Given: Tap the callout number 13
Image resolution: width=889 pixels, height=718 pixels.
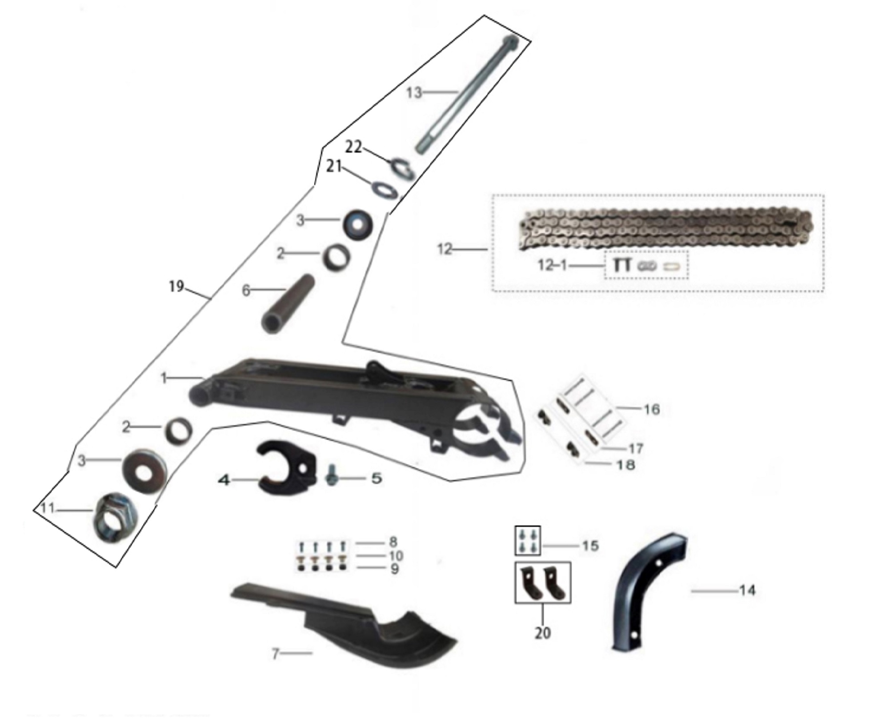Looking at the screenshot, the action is [x=414, y=93].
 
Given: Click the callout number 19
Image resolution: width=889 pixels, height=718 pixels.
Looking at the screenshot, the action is [x=176, y=287].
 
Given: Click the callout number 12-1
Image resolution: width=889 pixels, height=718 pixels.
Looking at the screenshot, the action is [x=553, y=266].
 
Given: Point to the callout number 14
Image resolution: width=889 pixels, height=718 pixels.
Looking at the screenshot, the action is [x=747, y=590].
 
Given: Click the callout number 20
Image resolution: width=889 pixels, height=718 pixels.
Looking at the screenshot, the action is [x=543, y=633].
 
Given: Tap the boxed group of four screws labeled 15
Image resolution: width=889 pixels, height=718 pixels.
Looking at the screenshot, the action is [x=528, y=540].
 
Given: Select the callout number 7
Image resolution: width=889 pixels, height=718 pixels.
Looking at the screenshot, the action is [x=276, y=654].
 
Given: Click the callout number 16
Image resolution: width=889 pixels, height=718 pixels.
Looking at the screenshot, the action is [x=652, y=409].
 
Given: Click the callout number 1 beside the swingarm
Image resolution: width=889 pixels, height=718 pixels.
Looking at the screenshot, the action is [x=164, y=378].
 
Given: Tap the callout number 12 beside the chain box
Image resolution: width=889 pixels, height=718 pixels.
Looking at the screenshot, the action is [x=445, y=249].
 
